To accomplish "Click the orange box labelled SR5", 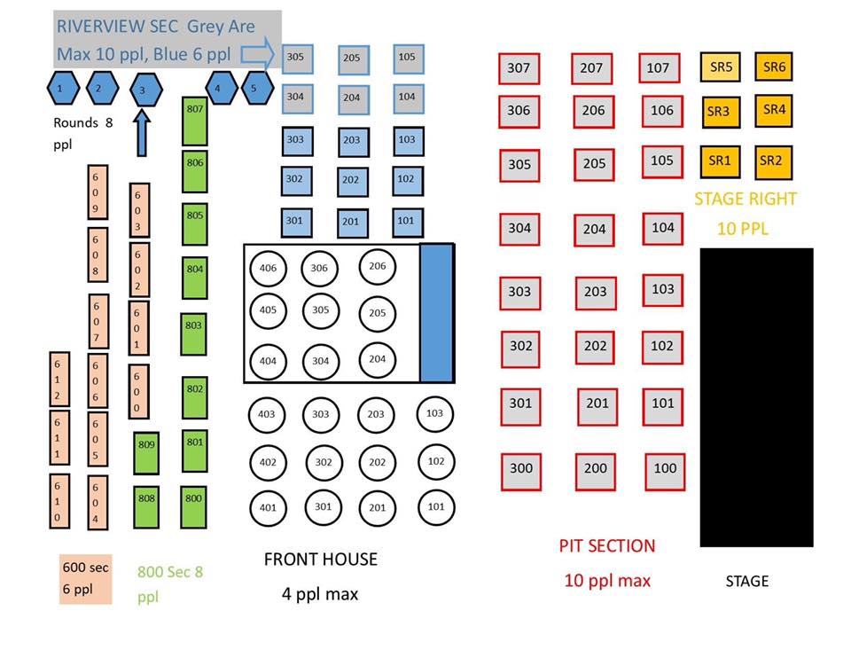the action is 720,67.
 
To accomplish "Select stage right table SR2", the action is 773,161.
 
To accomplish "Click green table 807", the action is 195,121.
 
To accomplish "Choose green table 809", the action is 146,453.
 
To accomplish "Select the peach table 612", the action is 59,379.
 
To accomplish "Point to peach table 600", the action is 138,391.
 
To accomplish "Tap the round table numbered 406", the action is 268,268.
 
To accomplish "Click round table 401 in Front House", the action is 268,508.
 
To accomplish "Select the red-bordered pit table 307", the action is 519,68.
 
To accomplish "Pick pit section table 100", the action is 665,472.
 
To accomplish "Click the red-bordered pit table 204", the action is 594,230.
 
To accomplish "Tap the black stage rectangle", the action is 756,397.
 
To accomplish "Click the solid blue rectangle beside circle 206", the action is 436,313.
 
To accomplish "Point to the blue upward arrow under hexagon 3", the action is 142,133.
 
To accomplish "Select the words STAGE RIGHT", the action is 746,199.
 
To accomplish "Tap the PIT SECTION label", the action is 607,545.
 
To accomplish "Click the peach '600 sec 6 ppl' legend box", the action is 86,579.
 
